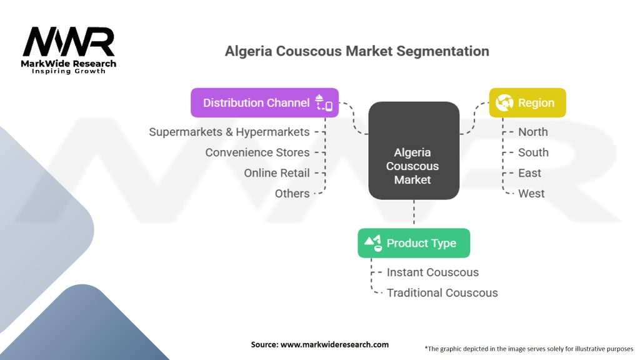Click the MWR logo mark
click(x=69, y=42)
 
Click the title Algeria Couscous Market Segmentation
click(x=357, y=51)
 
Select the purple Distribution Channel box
click(x=264, y=103)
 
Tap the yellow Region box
click(x=527, y=103)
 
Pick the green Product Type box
click(x=414, y=243)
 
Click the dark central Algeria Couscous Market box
click(x=414, y=151)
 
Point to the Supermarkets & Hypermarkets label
click(x=229, y=132)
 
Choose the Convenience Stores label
click(x=257, y=152)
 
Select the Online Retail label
click(x=277, y=173)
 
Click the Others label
click(x=292, y=194)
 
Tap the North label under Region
click(x=532, y=132)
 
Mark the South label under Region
click(x=533, y=152)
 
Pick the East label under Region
click(x=529, y=173)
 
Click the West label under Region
click(x=531, y=194)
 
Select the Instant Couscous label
click(x=432, y=272)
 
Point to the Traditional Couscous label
click(x=442, y=293)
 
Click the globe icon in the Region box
click(x=504, y=102)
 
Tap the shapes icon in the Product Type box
click(x=374, y=243)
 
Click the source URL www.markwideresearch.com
click(x=335, y=344)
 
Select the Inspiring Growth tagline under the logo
click(x=69, y=71)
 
